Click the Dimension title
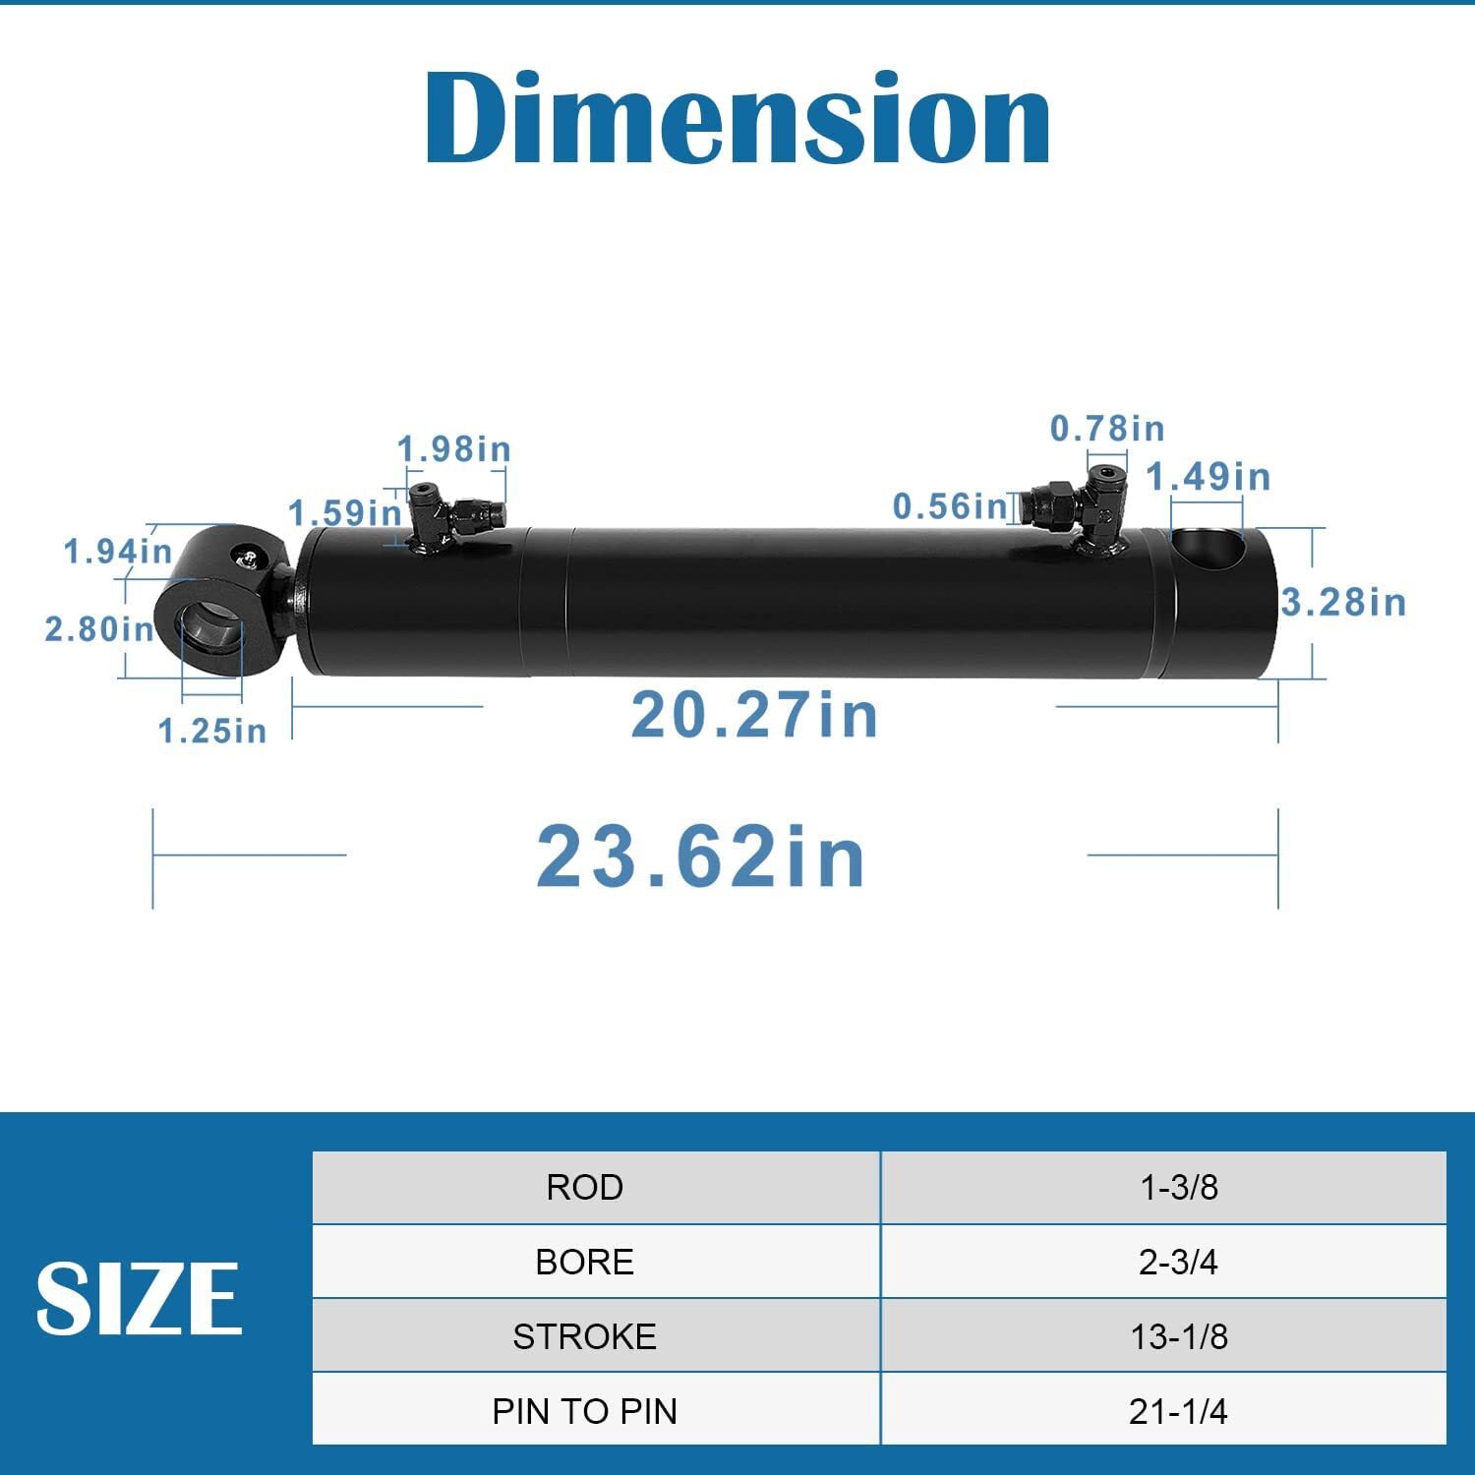[737, 118]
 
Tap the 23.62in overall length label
[701, 856]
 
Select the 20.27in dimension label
[754, 715]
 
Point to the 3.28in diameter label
[1343, 602]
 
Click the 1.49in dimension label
[1209, 477]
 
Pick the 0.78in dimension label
[1107, 429]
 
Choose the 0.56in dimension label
[950, 506]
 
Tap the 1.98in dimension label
[454, 449]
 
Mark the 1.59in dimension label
[345, 512]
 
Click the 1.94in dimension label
[118, 551]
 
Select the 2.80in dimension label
[99, 628]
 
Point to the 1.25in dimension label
[212, 731]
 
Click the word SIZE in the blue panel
[139, 1298]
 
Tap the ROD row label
[585, 1187]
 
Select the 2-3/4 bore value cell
[1178, 1262]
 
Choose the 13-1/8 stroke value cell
[1178, 1336]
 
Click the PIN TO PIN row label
[585, 1411]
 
